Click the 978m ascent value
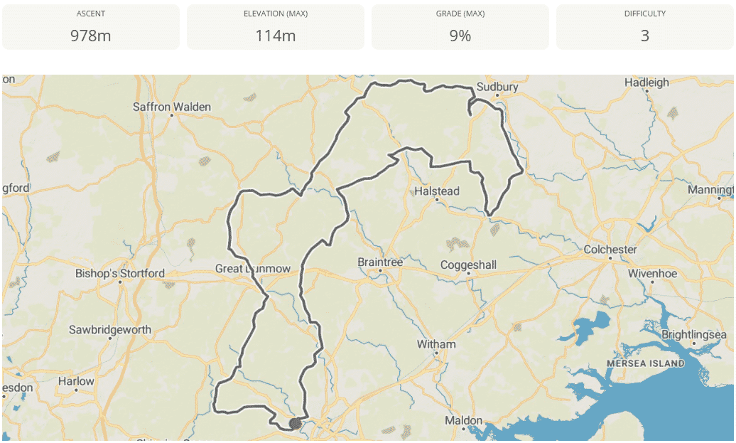click(x=90, y=35)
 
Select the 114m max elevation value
click(x=275, y=35)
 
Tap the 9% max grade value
click(x=460, y=35)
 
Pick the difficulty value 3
click(x=644, y=35)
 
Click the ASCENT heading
click(x=90, y=14)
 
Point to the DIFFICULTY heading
click(x=644, y=14)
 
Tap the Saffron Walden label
click(x=172, y=107)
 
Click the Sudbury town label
click(x=497, y=87)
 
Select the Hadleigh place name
click(x=646, y=82)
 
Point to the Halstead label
click(x=437, y=191)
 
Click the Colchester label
click(x=610, y=250)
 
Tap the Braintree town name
click(x=380, y=262)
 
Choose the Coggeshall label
click(x=468, y=265)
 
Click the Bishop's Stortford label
click(x=120, y=273)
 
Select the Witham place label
click(x=436, y=345)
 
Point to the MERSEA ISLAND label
click(x=646, y=363)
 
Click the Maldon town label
click(x=463, y=421)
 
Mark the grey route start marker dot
click(x=295, y=424)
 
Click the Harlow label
click(x=76, y=381)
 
